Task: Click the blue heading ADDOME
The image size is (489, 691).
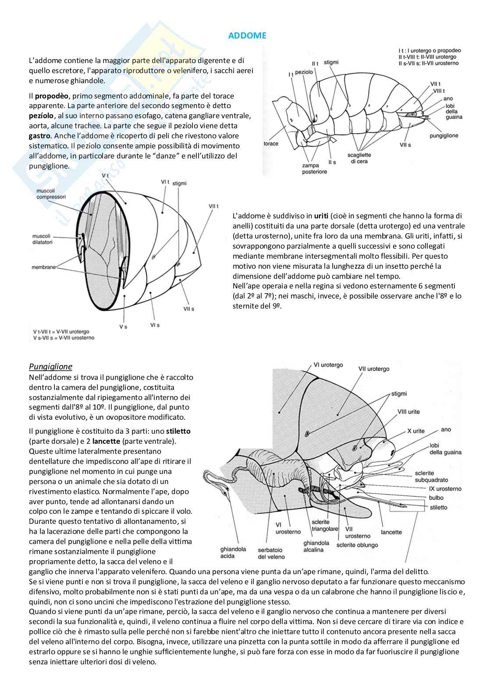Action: [247, 36]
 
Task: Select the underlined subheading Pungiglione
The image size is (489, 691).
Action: [50, 367]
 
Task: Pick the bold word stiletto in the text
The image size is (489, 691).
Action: [178, 431]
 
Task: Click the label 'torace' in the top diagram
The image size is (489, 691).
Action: [271, 144]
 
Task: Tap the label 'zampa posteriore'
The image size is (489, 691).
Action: [314, 169]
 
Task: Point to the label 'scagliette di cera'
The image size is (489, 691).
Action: [359, 158]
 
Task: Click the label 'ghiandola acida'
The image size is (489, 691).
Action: [233, 553]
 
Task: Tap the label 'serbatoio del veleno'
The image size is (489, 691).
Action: [271, 553]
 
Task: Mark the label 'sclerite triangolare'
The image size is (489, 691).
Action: [325, 526]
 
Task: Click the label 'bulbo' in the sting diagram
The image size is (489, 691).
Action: [436, 498]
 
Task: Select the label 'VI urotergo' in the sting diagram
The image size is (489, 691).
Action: [328, 365]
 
